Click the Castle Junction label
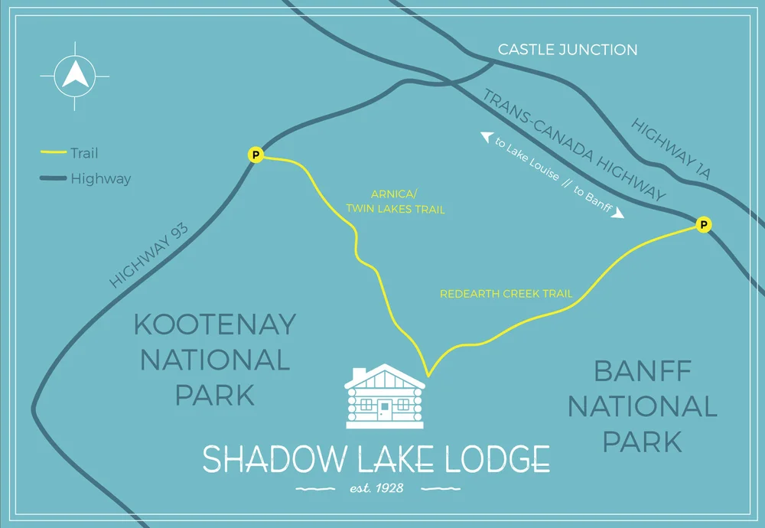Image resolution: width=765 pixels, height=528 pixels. pos(567,50)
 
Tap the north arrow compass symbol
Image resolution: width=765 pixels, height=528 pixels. pos(74,75)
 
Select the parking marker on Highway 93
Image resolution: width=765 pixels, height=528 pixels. pos(256,155)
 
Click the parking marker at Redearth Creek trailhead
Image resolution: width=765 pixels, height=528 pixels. pos(704,224)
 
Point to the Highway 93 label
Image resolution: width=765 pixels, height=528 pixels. pos(149,253)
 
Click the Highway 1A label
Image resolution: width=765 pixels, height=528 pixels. pos(672,149)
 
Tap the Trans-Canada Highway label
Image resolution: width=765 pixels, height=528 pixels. pos(574,145)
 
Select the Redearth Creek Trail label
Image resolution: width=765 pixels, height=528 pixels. pos(506,294)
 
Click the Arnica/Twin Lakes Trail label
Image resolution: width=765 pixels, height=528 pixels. pos(395,202)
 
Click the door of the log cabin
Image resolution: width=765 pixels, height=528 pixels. pos(385,409)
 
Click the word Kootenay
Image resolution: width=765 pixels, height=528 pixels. pos(214,324)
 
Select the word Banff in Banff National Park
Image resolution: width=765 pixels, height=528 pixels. pos(643,373)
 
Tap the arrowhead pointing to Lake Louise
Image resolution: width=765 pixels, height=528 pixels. pos(486,137)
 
